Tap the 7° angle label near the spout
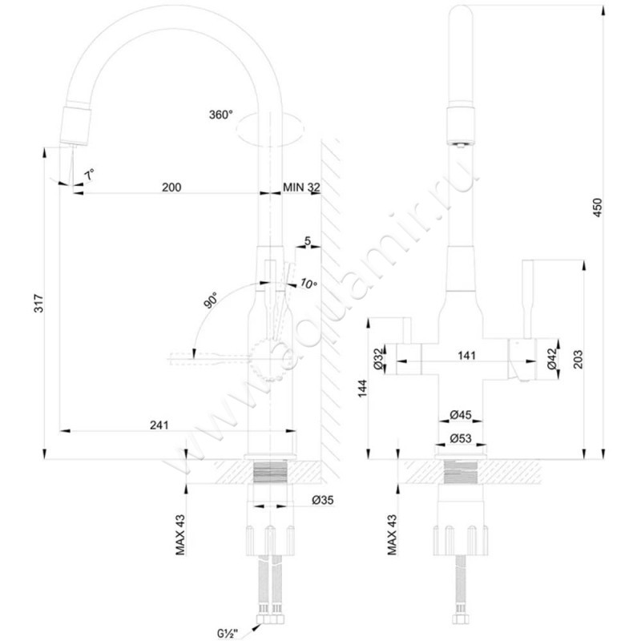pos(91,172)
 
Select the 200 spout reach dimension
pos(171,187)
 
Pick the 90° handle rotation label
pos(210,301)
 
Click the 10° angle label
pos(308,284)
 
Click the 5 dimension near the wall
pos(307,240)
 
